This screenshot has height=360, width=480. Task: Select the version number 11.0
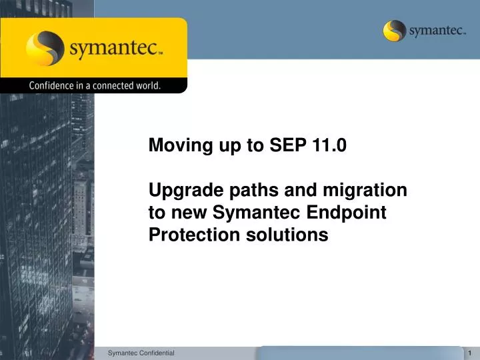click(x=328, y=146)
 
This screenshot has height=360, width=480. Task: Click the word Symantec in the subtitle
click(x=250, y=213)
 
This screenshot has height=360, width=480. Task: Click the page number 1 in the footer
click(x=470, y=352)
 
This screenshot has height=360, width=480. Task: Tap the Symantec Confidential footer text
click(x=141, y=352)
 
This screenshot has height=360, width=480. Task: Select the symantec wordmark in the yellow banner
click(x=115, y=49)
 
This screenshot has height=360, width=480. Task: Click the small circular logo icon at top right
click(x=395, y=31)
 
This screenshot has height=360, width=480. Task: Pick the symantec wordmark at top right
click(x=437, y=31)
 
